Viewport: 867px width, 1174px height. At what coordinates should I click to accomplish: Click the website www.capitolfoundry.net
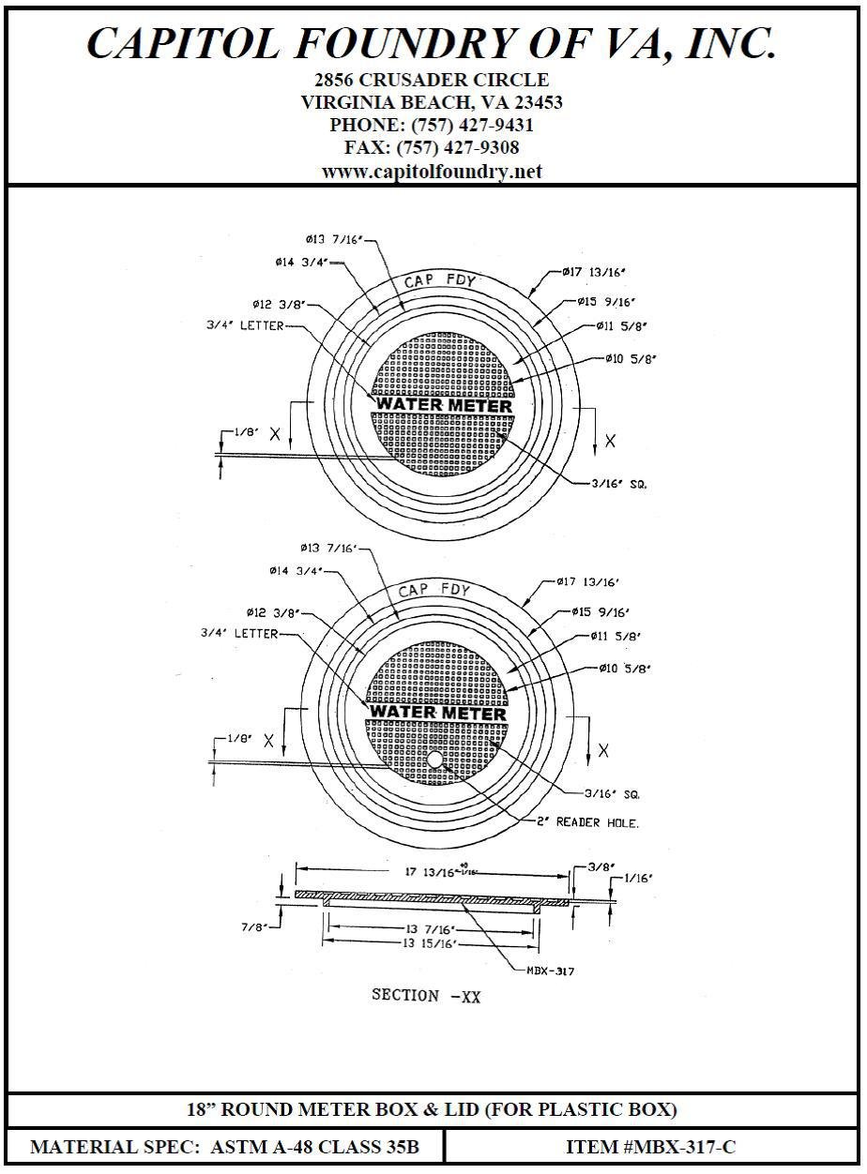(x=432, y=172)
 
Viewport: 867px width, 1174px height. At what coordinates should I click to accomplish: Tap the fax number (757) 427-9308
(x=432, y=148)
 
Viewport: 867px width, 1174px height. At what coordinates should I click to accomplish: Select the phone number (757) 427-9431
(x=432, y=125)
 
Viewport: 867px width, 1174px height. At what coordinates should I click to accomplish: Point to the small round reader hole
(x=435, y=758)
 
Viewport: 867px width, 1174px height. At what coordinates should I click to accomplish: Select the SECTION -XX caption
(x=426, y=996)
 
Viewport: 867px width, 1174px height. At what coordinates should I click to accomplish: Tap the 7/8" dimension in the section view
(x=255, y=926)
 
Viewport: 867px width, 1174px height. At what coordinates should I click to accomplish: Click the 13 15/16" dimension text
(x=426, y=944)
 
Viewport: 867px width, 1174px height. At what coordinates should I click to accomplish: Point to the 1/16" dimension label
(x=637, y=879)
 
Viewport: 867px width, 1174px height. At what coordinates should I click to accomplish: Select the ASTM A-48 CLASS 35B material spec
(x=225, y=1147)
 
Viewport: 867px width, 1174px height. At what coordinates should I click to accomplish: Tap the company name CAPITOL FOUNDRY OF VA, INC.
(x=432, y=44)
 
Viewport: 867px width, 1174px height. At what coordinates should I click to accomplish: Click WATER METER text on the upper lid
(x=444, y=405)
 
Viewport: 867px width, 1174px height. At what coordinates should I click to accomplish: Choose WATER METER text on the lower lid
(x=437, y=713)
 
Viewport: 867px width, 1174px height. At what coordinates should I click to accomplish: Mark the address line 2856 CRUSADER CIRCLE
(x=432, y=80)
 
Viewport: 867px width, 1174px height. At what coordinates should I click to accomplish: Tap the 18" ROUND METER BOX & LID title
(x=432, y=1109)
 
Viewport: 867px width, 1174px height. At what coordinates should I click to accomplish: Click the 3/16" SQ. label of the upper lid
(x=620, y=485)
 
